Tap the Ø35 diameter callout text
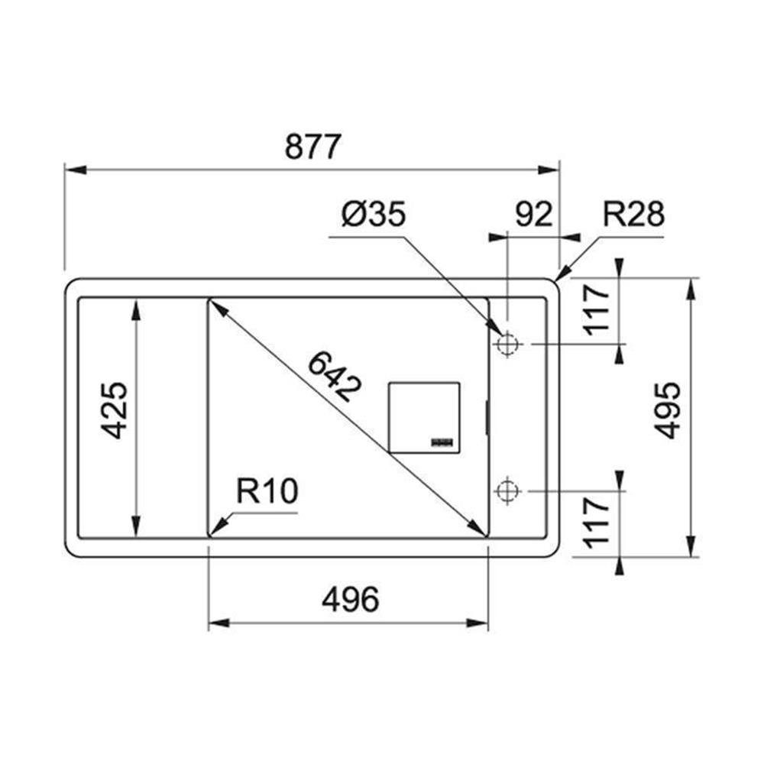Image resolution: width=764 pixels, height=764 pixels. (374, 215)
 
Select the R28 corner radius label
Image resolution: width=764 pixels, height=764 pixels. (633, 215)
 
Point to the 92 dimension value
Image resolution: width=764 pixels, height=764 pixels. (534, 215)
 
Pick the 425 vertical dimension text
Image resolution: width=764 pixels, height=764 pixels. (114, 410)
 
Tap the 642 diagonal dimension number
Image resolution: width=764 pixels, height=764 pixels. (335, 377)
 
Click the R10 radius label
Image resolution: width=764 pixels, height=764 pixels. (267, 490)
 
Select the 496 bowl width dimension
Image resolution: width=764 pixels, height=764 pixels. (350, 599)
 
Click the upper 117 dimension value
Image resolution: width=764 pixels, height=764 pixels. (597, 310)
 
